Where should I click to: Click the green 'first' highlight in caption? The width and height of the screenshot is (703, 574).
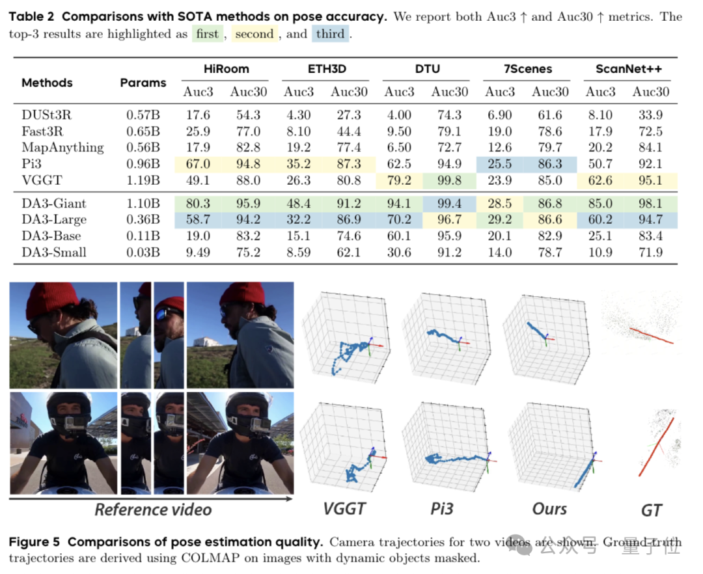[207, 34]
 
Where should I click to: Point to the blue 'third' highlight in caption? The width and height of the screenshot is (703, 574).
[330, 34]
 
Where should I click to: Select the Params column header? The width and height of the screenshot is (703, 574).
[143, 83]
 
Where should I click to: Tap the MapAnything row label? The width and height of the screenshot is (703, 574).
[62, 147]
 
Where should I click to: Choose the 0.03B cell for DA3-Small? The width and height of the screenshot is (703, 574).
[143, 252]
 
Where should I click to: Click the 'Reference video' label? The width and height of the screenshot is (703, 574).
[153, 509]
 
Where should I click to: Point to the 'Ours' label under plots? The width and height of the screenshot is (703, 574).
[549, 508]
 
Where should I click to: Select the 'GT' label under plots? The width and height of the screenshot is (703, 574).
[652, 510]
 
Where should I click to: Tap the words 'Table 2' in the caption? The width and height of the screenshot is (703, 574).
[33, 16]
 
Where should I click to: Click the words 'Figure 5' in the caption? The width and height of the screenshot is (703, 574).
[35, 542]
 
